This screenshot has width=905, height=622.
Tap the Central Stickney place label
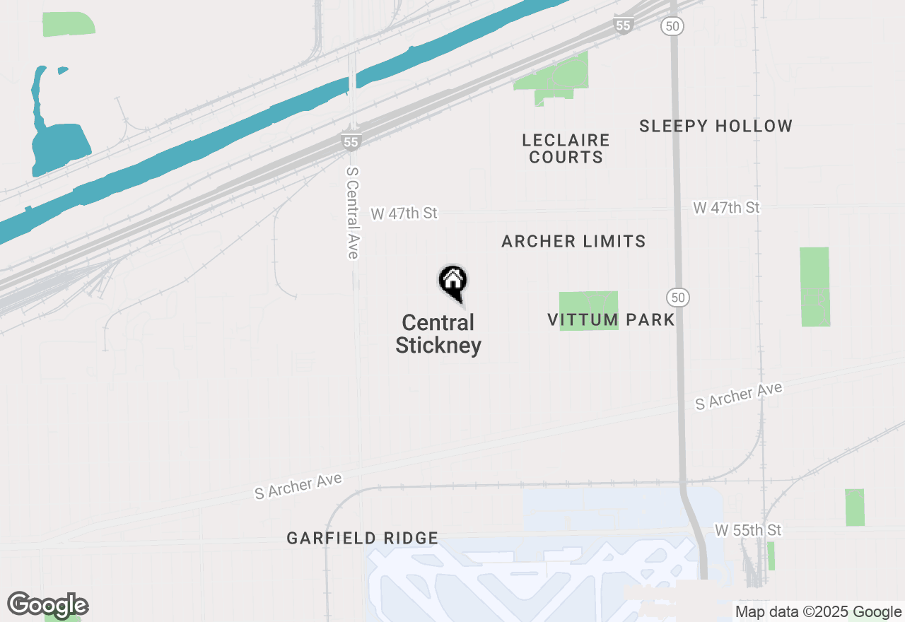(438, 334)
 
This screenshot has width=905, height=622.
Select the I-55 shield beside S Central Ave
(351, 141)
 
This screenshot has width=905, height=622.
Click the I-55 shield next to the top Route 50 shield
(622, 25)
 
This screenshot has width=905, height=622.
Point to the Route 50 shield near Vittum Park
(678, 298)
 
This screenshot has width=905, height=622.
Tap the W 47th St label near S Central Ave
(404, 213)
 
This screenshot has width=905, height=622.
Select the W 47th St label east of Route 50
(726, 208)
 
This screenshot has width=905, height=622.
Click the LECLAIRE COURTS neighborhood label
(566, 148)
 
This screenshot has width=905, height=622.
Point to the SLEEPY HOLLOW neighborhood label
(716, 127)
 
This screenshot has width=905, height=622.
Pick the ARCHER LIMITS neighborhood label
(573, 242)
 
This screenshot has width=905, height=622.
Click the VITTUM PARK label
(611, 319)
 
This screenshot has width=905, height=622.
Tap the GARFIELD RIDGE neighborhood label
(362, 539)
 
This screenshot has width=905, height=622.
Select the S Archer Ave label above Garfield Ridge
(298, 487)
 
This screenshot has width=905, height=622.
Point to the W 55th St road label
(748, 530)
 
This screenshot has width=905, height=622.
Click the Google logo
(47, 606)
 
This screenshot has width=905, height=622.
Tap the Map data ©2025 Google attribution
(818, 612)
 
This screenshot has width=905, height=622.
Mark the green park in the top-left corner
(69, 24)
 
